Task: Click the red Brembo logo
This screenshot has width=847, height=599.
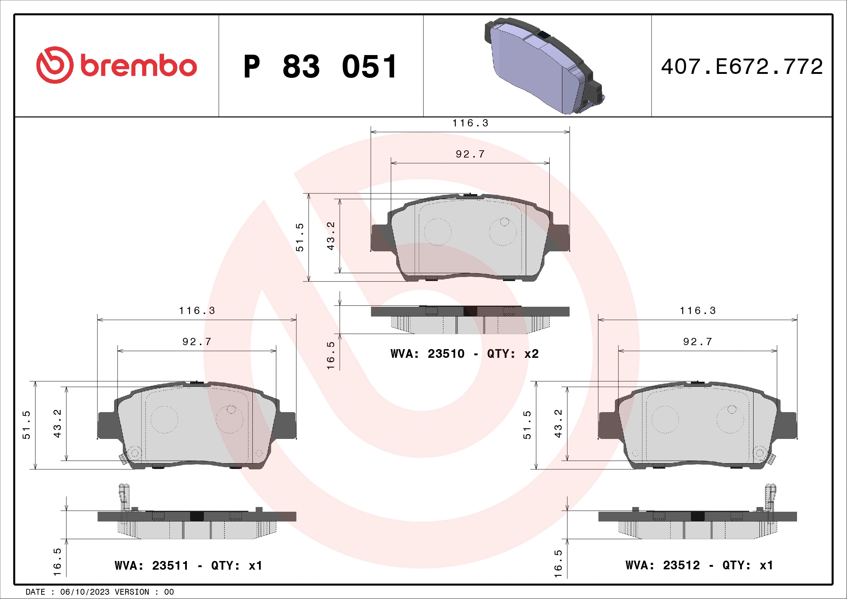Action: click(x=116, y=65)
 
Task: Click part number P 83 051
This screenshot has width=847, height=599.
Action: click(x=320, y=67)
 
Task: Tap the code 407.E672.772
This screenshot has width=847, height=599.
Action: click(x=742, y=67)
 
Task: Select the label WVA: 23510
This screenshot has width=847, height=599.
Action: click(x=427, y=354)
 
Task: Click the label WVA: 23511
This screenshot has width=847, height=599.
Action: click(x=151, y=565)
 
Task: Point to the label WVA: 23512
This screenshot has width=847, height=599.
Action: click(x=662, y=565)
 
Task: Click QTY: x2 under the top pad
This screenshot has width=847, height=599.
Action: click(x=513, y=354)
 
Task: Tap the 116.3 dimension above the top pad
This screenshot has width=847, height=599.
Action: click(x=470, y=123)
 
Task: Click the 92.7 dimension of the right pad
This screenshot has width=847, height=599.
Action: click(x=697, y=342)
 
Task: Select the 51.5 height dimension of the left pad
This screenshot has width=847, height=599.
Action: click(x=26, y=424)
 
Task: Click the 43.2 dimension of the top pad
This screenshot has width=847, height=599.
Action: click(x=331, y=236)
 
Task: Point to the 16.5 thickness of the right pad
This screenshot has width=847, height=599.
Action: click(x=558, y=564)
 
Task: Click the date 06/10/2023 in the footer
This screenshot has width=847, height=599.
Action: click(x=85, y=592)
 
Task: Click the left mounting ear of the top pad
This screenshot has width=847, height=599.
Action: click(x=379, y=238)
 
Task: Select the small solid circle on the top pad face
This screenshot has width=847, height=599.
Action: click(x=504, y=222)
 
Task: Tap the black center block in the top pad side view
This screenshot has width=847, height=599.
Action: click(x=470, y=311)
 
